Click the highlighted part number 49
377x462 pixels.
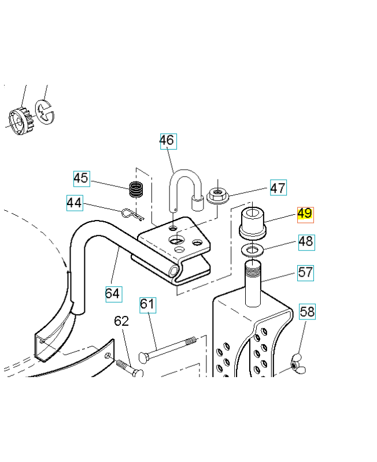(x=305, y=214)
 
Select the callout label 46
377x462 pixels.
(x=167, y=140)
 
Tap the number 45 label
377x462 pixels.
(x=81, y=178)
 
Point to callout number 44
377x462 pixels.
(x=74, y=203)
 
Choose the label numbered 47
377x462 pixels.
(x=278, y=188)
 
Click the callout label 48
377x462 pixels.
(x=306, y=241)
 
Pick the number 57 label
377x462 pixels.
(x=306, y=272)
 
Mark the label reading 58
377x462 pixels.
(x=308, y=312)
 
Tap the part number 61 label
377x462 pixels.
(x=148, y=304)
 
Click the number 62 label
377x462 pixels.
(x=121, y=321)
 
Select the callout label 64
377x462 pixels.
(x=113, y=293)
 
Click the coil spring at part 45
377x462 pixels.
(x=136, y=189)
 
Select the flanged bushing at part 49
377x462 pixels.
(x=252, y=222)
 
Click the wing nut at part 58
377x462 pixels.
(x=297, y=363)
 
